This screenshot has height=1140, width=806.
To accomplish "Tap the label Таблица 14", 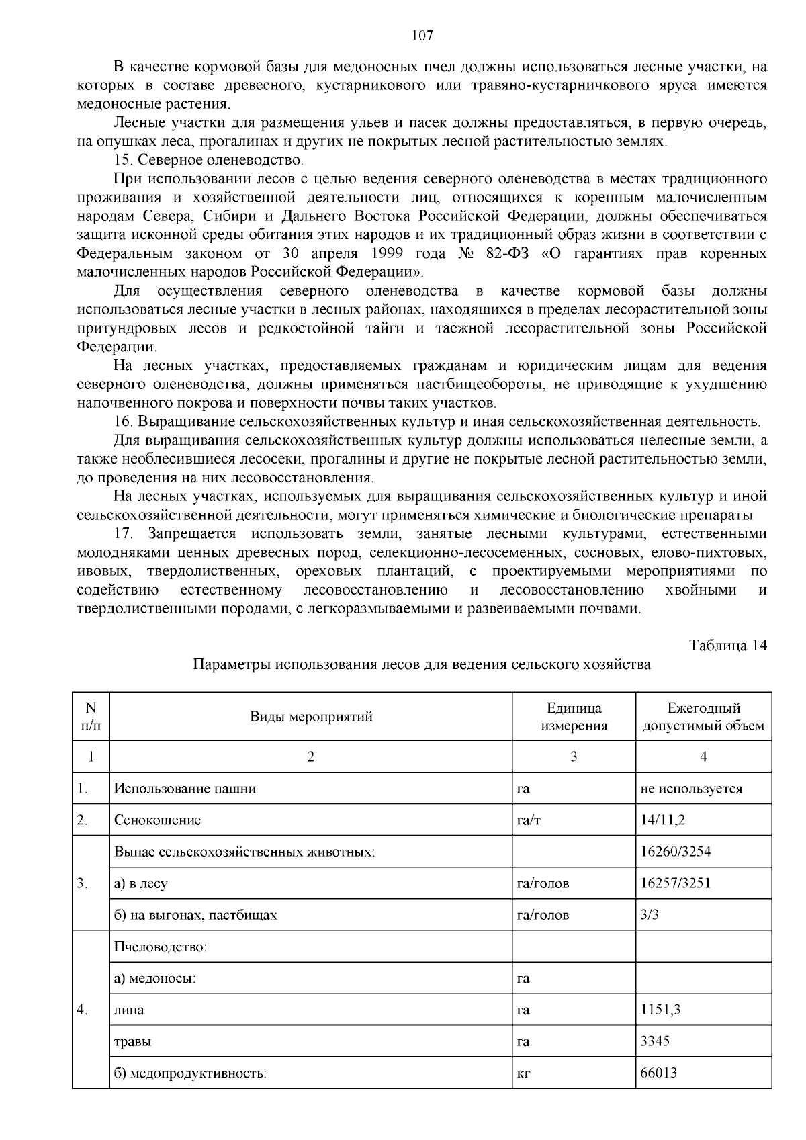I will (x=728, y=645).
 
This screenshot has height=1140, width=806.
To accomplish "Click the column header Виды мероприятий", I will (x=311, y=716).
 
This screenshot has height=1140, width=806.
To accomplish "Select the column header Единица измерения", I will (x=574, y=716).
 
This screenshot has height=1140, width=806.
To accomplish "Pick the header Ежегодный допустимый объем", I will (x=703, y=716).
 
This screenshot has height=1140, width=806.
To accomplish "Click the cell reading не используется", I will (x=691, y=788).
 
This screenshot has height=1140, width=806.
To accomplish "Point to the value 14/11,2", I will (x=663, y=820).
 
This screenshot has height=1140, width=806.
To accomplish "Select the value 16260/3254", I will (x=676, y=851).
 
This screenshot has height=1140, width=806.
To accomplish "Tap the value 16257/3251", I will (x=676, y=883).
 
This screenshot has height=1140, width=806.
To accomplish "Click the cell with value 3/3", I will (x=650, y=914).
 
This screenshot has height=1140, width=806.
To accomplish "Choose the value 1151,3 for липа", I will (x=661, y=1009).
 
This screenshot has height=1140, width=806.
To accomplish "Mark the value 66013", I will (x=659, y=1072).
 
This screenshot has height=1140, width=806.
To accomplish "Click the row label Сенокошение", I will (x=157, y=820).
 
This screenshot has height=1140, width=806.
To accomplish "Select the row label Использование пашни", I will (x=185, y=788).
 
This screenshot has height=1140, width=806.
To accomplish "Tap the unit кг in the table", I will (x=524, y=1073).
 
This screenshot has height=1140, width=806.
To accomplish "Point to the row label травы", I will (x=132, y=1041).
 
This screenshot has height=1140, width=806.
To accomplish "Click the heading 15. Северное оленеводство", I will (x=208, y=161).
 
